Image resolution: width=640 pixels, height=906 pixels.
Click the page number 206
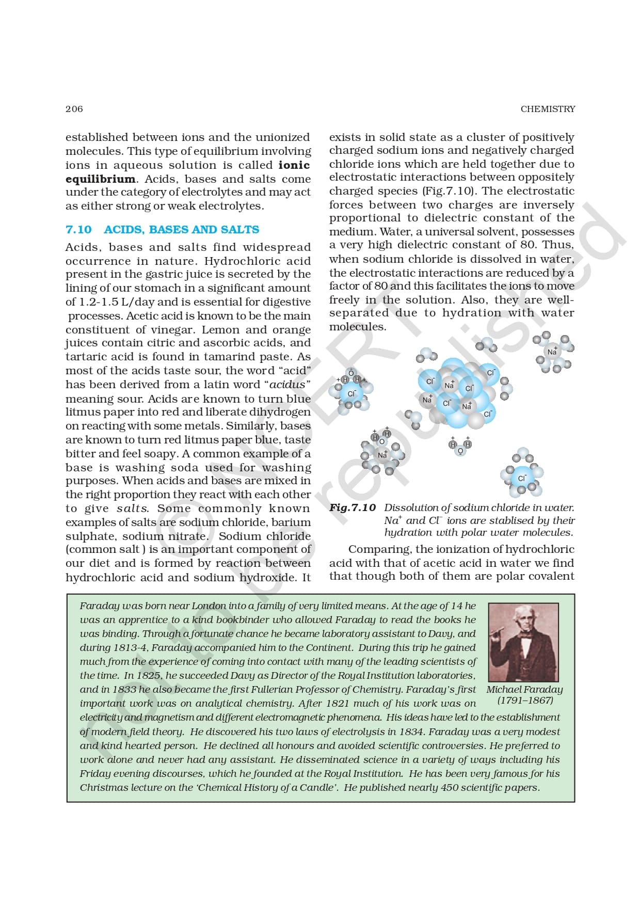(74, 109)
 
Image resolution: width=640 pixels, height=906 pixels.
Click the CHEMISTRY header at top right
(548, 109)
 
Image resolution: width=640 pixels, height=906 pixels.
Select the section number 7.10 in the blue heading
(78, 230)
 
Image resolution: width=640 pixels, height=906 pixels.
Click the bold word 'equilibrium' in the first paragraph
(100, 179)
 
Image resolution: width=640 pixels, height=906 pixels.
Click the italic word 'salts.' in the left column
(133, 508)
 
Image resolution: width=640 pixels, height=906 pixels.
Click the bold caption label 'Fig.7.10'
(353, 508)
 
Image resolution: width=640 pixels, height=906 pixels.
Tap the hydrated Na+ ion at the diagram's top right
(552, 352)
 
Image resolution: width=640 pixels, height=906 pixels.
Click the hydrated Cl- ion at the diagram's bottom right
(522, 478)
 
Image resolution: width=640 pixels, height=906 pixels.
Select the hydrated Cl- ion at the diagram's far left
(351, 394)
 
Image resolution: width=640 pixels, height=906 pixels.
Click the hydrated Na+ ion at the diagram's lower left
(382, 455)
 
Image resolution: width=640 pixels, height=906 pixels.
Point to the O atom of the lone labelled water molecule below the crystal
(460, 451)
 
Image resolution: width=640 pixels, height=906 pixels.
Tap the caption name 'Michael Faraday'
(524, 690)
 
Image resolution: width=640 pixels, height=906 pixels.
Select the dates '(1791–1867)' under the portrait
(525, 701)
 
